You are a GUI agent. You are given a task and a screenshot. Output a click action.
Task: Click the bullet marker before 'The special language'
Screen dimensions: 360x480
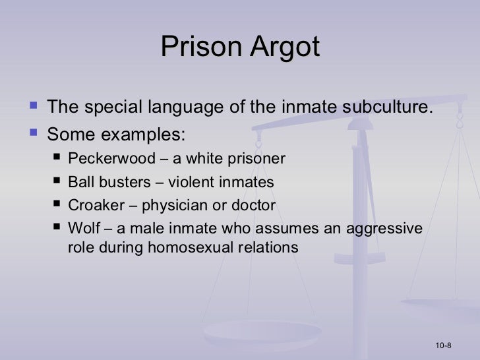pos(34,107)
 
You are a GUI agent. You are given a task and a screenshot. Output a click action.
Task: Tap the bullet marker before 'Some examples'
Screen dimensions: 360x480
pos(34,133)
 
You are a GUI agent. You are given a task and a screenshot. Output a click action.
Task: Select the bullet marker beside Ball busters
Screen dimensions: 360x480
pos(58,182)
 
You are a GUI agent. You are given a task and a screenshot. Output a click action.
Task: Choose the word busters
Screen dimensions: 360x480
pos(118,183)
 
